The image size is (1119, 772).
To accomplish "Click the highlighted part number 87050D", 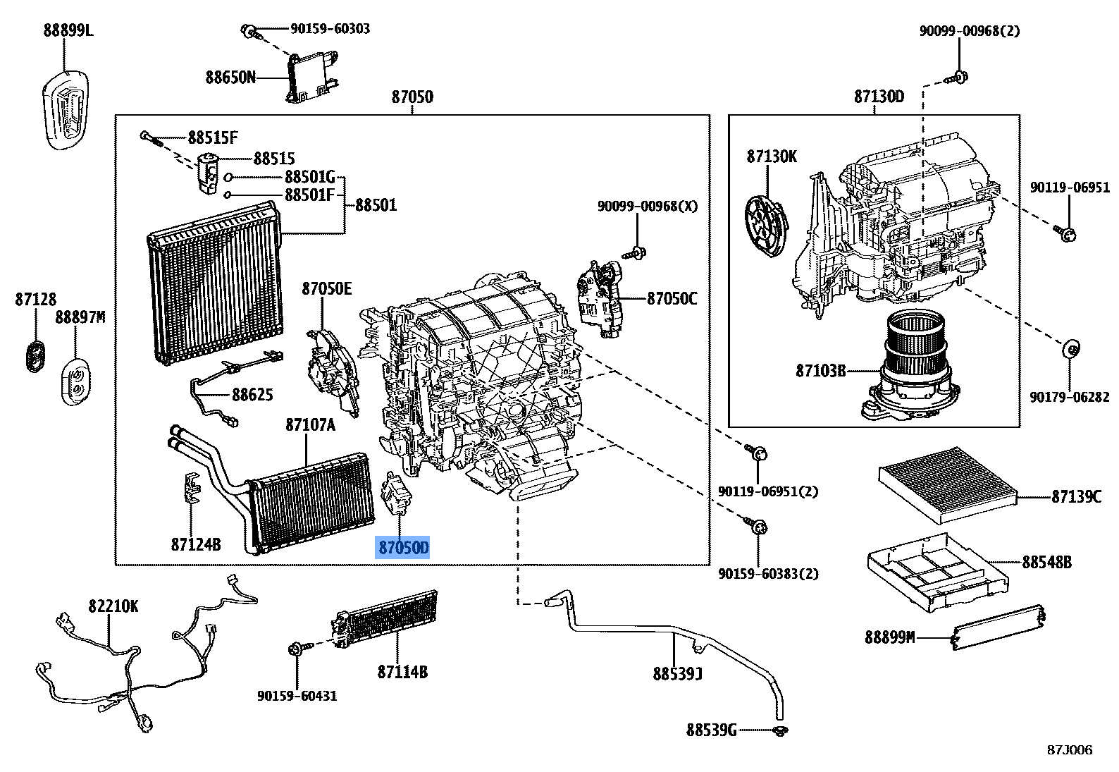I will point(402,547).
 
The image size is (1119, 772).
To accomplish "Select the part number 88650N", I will point(230,77).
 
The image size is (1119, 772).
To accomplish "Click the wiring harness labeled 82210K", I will point(141,663).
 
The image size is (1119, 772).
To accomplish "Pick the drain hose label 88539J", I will point(677,674).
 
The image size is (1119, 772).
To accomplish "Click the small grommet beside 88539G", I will point(779,730).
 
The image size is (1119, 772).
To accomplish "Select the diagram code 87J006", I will point(1069,749).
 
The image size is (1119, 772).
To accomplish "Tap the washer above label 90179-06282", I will point(1070,348).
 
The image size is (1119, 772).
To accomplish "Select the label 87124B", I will point(195,544).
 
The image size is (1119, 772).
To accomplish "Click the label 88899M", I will point(889,637).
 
